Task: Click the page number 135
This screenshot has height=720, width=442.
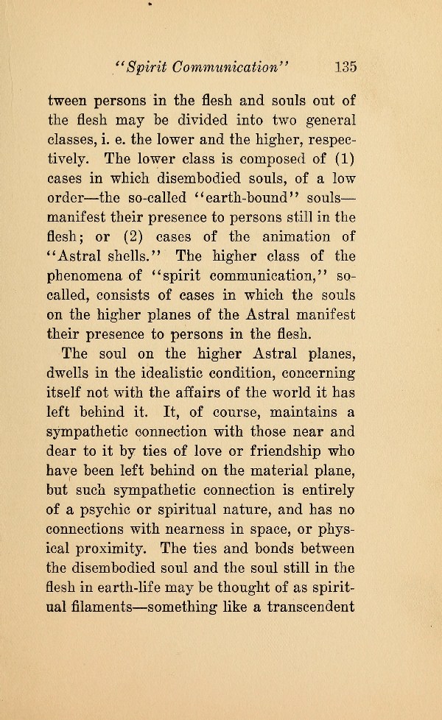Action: click(x=345, y=66)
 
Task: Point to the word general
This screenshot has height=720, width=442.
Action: click(x=325, y=119)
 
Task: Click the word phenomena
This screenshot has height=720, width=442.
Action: click(x=83, y=276)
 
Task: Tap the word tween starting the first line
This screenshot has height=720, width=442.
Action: click(x=68, y=100)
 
